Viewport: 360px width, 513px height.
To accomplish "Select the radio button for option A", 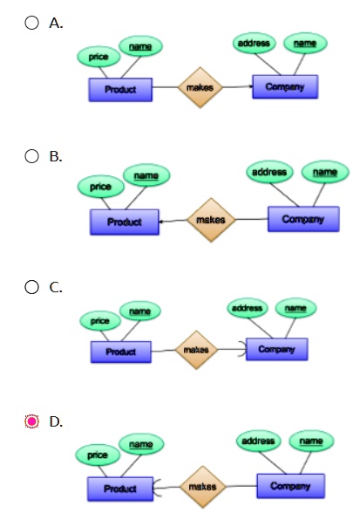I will click(32, 24).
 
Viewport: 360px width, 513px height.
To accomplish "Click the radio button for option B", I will click(32, 156).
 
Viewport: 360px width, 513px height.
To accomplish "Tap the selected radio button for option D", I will click(32, 421).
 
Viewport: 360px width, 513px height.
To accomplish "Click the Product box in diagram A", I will click(120, 89).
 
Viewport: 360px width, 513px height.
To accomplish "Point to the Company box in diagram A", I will click(285, 86).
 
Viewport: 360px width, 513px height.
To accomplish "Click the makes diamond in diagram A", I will click(201, 87).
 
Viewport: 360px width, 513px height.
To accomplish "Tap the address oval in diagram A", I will click(256, 43).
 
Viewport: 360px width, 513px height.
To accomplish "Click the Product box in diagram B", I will click(125, 222).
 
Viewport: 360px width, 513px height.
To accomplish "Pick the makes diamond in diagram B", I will click(210, 220).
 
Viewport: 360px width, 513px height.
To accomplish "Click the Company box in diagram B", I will click(302, 219).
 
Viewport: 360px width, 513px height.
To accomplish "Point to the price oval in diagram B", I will click(100, 187).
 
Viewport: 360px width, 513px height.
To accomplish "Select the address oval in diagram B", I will click(269, 173).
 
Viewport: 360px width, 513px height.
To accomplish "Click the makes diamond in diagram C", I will click(192, 350).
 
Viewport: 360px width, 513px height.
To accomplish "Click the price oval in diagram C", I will click(100, 321).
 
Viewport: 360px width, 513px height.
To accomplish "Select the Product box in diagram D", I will click(119, 489).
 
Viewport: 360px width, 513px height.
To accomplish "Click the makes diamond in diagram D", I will click(202, 487).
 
